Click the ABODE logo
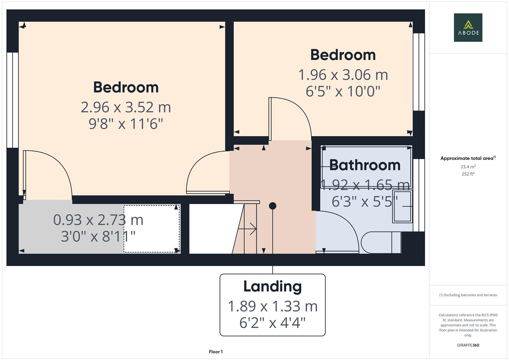pos(468,27)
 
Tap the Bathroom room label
pos(365,165)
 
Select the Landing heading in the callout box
pos(272,287)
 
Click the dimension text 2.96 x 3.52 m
pos(126,107)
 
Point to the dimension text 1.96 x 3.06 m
pos(343,75)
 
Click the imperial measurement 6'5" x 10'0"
pos(343,91)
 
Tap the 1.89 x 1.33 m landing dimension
pos(272,306)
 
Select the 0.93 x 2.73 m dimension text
pos(98,220)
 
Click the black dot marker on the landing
pos(272,206)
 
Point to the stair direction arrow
pos(247,229)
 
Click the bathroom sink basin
pos(402,206)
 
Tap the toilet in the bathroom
pos(381,243)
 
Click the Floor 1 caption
pos(216,352)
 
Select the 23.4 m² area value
pos(468,167)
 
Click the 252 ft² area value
pos(468,174)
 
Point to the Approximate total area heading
pos(468,158)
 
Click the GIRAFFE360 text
pos(468,345)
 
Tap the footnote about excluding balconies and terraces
pos(468,295)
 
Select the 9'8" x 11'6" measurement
pos(126,124)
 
